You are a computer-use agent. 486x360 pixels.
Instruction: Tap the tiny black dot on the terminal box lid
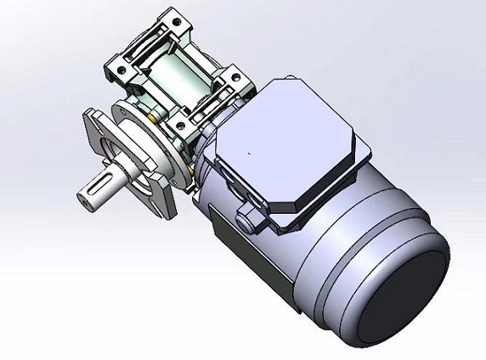(x=248, y=154)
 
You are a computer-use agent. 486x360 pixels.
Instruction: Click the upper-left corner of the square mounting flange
(x=90, y=115)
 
